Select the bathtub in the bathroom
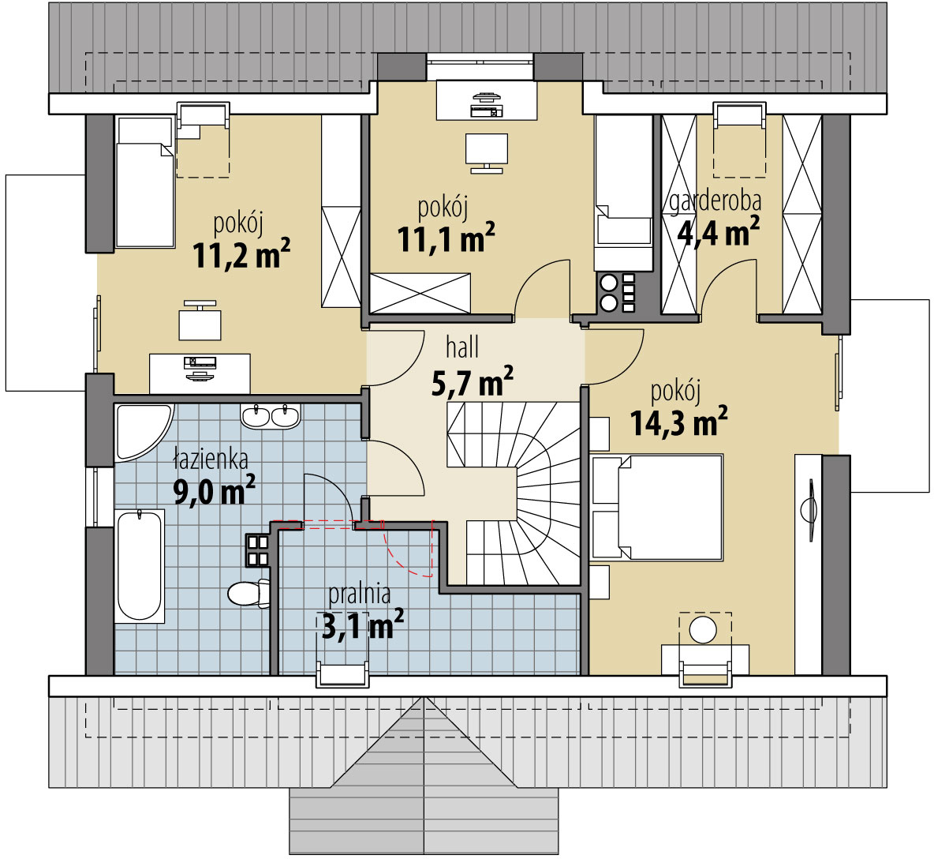(140, 566)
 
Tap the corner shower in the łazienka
(142, 432)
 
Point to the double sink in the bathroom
(271, 415)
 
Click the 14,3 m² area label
(678, 422)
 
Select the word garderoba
(715, 201)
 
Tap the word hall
(462, 347)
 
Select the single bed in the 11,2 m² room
(144, 182)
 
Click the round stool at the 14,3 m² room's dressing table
(704, 629)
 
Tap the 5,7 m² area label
(472, 383)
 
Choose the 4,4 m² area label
(719, 232)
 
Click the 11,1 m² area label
(446, 238)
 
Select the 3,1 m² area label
(363, 625)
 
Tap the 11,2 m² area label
(242, 254)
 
